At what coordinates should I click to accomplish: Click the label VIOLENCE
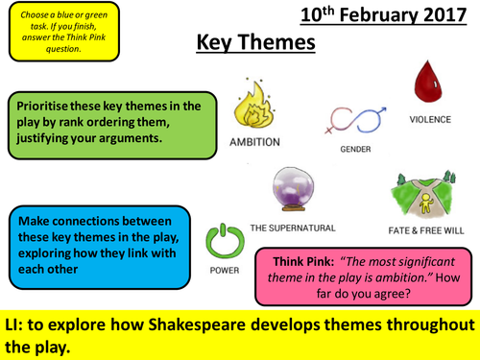coord(429,120)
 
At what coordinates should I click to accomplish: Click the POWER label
coord(224,271)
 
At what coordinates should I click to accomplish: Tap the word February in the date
coord(379,15)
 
